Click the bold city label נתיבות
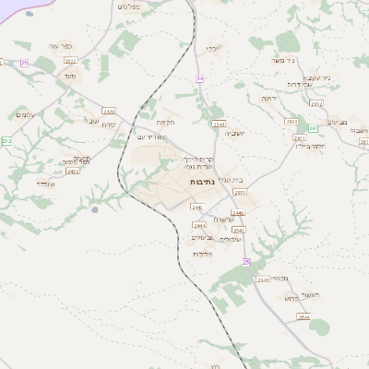click(201, 182)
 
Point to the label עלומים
click(25, 113)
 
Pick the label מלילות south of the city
click(203, 254)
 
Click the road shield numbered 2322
click(70, 60)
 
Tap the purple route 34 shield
click(198, 78)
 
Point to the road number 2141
click(219, 123)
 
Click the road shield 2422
click(74, 171)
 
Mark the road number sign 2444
click(198, 225)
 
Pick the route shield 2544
click(304, 316)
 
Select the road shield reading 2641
click(263, 280)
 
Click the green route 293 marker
click(313, 128)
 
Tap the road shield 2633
click(292, 121)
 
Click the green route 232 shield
click(6, 140)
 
